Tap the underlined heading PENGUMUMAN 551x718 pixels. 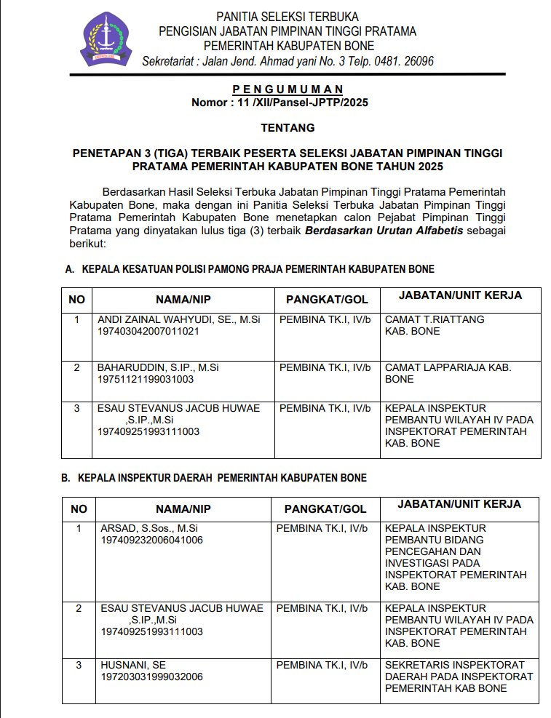coord(280,89)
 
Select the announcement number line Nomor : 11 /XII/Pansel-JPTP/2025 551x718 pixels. coord(280,103)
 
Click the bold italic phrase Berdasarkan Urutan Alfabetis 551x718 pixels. coord(384,231)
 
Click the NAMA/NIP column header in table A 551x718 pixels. coord(183,299)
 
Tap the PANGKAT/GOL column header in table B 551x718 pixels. coord(325,508)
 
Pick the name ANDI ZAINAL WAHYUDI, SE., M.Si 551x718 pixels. coord(179,319)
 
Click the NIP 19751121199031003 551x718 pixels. coord(145,379)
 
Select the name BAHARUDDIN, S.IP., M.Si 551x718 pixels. coord(148,367)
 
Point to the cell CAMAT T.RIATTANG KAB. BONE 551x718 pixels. coord(435,325)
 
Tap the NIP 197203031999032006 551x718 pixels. coord(151,677)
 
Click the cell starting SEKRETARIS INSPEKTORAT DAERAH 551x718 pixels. coord(459,677)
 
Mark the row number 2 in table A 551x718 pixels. coord(77,367)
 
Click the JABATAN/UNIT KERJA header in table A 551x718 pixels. coord(460,295)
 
